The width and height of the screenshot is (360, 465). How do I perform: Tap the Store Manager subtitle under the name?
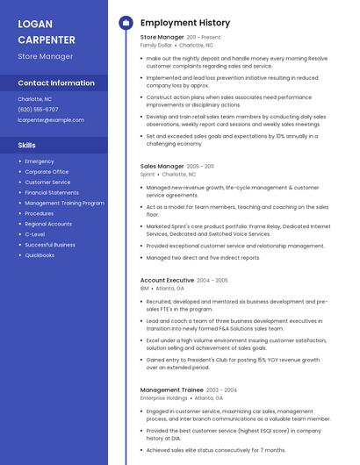45,56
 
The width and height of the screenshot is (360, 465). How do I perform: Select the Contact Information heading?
56,82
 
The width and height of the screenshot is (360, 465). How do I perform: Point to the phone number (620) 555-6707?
39,109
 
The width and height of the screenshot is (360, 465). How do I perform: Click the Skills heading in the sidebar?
27,145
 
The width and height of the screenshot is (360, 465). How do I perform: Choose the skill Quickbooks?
40,255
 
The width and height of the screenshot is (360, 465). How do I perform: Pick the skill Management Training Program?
64,203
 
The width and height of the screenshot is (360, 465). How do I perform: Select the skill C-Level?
35,234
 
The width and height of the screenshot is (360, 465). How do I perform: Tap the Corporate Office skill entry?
47,172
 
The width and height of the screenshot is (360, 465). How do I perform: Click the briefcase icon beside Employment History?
125,22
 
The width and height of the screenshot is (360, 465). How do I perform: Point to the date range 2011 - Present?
204,38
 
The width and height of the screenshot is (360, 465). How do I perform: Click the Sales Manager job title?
162,166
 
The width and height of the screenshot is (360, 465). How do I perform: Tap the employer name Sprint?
148,174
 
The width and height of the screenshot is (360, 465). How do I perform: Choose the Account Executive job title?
167,280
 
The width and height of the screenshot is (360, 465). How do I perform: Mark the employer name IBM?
144,288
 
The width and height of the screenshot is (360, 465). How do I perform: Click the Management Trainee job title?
172,390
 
